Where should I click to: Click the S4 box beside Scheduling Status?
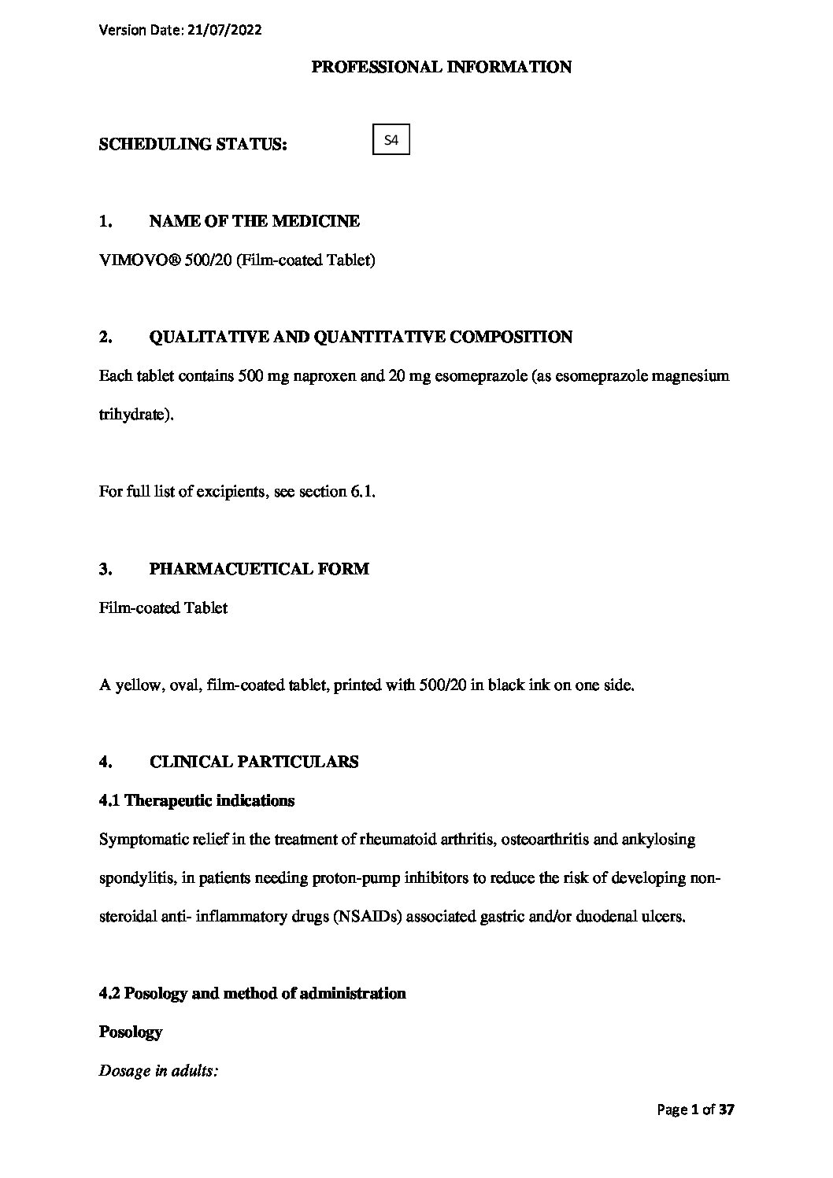[x=391, y=142]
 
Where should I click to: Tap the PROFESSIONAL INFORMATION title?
[x=441, y=68]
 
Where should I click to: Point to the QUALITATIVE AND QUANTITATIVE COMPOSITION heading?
[x=360, y=338]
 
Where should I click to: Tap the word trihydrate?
[x=132, y=415]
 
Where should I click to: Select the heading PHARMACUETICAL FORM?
[x=258, y=569]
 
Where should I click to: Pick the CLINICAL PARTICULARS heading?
[x=254, y=762]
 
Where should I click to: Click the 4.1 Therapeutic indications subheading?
[x=197, y=801]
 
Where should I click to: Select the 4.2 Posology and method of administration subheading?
[x=252, y=994]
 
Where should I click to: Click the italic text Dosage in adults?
[x=157, y=1071]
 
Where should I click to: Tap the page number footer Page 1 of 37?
[x=696, y=1110]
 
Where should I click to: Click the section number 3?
[x=104, y=569]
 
